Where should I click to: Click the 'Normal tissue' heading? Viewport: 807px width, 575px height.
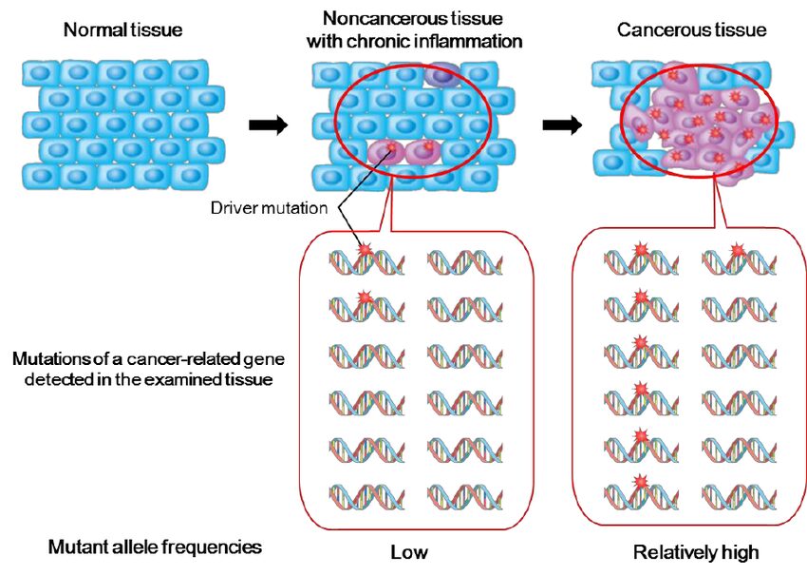(x=122, y=30)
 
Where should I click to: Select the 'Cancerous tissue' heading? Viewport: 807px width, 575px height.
(x=691, y=30)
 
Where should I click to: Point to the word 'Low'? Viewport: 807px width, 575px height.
(x=409, y=552)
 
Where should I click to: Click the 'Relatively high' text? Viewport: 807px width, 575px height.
(x=696, y=552)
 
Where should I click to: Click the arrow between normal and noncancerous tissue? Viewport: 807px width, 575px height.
(x=267, y=126)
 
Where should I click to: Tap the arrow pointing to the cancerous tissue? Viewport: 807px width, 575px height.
(x=562, y=126)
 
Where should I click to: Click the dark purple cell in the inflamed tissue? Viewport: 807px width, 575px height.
(x=441, y=74)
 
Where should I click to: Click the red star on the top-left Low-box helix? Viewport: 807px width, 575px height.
(x=366, y=249)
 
